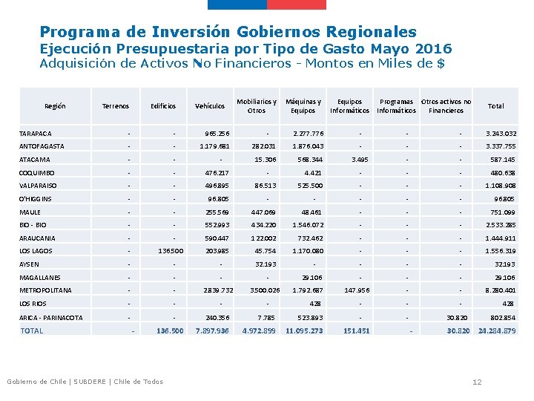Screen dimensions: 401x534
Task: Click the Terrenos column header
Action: [x=115, y=106]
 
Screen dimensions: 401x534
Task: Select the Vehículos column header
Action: [x=209, y=106]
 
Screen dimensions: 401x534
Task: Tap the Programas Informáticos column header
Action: [x=397, y=106]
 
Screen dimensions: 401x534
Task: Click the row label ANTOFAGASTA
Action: [x=42, y=146]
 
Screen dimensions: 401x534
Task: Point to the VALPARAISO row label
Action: [x=39, y=186]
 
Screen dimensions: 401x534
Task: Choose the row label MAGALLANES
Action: [x=41, y=277]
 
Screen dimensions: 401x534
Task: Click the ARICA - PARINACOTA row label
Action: [x=50, y=317]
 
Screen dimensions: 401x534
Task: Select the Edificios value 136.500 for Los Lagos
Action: [x=171, y=251]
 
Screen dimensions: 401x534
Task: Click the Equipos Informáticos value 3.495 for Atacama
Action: [x=359, y=160]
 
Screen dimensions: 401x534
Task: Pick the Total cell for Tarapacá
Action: [x=501, y=134]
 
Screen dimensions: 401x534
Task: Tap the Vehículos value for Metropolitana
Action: [x=216, y=290]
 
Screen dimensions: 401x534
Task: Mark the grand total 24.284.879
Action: [x=497, y=330]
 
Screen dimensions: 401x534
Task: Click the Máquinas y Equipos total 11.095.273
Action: [x=304, y=330]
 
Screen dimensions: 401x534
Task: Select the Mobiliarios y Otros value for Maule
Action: [x=261, y=212]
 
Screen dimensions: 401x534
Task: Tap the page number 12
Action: [x=477, y=382]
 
